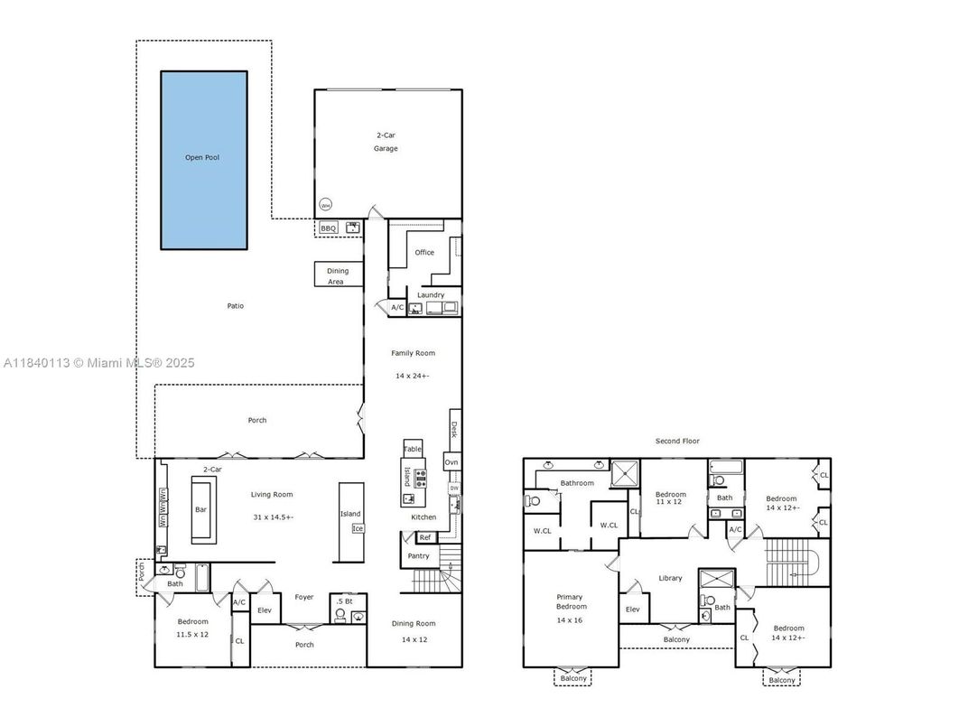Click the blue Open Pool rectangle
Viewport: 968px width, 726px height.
pyautogui.click(x=203, y=160)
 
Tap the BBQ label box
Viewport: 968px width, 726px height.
pyautogui.click(x=328, y=228)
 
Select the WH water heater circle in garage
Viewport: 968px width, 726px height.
pyautogui.click(x=325, y=203)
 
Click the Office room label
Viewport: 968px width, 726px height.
pyautogui.click(x=424, y=253)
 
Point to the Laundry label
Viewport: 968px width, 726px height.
pyautogui.click(x=431, y=295)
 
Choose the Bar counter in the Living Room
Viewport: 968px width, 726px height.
pyautogui.click(x=201, y=510)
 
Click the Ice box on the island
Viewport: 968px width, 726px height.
pyautogui.click(x=358, y=528)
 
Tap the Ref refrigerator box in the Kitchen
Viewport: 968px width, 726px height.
pyautogui.click(x=425, y=537)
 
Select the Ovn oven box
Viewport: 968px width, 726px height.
pyautogui.click(x=451, y=462)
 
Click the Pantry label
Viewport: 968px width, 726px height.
pyautogui.click(x=418, y=556)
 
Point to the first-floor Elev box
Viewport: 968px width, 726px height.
pyautogui.click(x=265, y=610)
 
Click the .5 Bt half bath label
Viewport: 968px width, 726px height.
pyautogui.click(x=344, y=601)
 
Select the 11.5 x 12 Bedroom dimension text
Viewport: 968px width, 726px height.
pyautogui.click(x=192, y=634)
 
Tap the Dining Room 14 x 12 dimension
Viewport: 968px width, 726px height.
pyautogui.click(x=414, y=639)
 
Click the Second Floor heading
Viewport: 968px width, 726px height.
pyautogui.click(x=677, y=442)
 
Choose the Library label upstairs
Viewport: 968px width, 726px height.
pyautogui.click(x=670, y=578)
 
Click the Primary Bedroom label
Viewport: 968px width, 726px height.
pyautogui.click(x=570, y=602)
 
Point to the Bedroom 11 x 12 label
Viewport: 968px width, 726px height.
pyautogui.click(x=670, y=498)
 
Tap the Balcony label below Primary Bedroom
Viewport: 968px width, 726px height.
pyautogui.click(x=572, y=679)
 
